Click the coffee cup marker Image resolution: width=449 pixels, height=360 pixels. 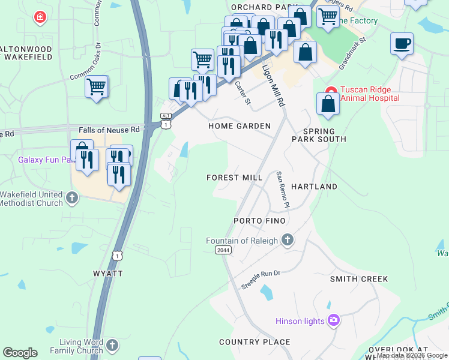pyautogui.click(x=402, y=44)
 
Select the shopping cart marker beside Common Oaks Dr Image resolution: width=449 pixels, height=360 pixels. pyautogui.click(x=96, y=87)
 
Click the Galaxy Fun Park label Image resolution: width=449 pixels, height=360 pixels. pyautogui.click(x=44, y=160)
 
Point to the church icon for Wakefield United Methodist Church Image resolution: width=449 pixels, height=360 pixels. pyautogui.click(x=72, y=197)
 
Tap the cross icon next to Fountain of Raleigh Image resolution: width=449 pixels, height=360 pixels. pyautogui.click(x=287, y=241)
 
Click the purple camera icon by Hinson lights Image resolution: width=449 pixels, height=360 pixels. pyautogui.click(x=333, y=321)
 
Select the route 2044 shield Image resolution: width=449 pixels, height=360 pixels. pyautogui.click(x=223, y=250)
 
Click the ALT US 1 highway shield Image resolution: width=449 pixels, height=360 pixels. pyautogui.click(x=166, y=120)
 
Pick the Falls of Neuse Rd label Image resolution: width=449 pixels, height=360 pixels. pyautogui.click(x=109, y=130)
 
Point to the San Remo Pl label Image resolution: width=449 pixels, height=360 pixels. pyautogui.click(x=283, y=190)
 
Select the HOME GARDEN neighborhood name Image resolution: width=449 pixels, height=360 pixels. pyautogui.click(x=240, y=126)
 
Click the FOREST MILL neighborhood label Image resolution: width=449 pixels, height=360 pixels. pyautogui.click(x=234, y=178)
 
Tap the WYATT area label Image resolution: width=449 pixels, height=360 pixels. pyautogui.click(x=108, y=273)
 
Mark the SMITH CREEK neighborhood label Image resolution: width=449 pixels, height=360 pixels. pyautogui.click(x=359, y=279)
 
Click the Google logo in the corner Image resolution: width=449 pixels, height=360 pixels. pyautogui.click(x=20, y=353)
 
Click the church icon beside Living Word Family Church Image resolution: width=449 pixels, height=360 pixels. pyautogui.click(x=112, y=345)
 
